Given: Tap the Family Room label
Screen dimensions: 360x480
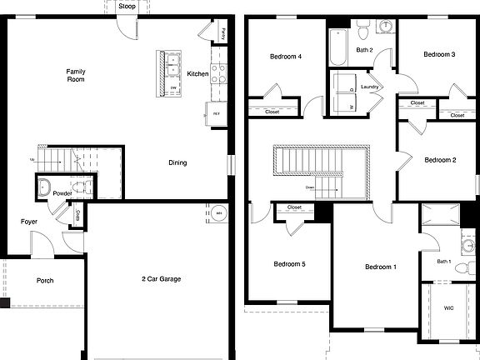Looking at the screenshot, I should [76, 75].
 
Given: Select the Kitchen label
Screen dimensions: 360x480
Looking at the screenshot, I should [197, 74].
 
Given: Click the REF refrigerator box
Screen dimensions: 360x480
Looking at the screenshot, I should [216, 113].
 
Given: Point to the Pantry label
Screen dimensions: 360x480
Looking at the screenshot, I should [224, 34].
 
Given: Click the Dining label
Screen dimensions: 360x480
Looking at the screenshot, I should [177, 162].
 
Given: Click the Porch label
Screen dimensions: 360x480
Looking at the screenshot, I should [45, 281].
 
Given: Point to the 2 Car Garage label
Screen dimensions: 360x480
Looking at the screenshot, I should [162, 279].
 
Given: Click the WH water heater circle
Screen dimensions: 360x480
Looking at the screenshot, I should [219, 212].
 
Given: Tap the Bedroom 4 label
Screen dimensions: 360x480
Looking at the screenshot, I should [286, 57].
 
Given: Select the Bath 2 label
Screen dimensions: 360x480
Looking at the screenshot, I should [364, 50].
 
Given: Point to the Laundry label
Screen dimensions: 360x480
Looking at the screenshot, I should [371, 87].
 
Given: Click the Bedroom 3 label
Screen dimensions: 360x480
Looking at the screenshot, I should [438, 55].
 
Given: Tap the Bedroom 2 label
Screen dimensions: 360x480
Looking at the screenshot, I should [440, 160].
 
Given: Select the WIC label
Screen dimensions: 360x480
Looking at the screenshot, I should [449, 308].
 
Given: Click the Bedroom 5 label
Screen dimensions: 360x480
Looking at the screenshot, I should [290, 264].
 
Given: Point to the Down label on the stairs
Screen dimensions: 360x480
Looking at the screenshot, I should [310, 187].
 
